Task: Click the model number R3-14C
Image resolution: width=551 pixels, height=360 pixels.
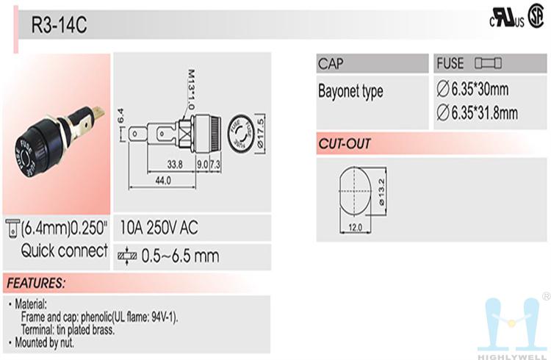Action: pos(59,24)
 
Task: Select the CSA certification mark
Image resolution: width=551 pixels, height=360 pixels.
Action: pos(536,16)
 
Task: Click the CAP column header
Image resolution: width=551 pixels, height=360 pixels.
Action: pos(331,64)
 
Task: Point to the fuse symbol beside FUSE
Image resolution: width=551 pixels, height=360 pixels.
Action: pos(488,63)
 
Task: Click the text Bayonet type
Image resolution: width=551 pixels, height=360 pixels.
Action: pos(350,91)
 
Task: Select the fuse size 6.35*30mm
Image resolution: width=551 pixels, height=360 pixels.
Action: pos(472,89)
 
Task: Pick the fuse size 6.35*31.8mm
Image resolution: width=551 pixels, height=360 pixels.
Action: pos(478,113)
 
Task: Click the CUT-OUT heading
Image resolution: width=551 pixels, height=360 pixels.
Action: pos(345,144)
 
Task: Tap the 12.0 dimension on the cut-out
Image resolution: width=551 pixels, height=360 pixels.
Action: pos(355,228)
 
